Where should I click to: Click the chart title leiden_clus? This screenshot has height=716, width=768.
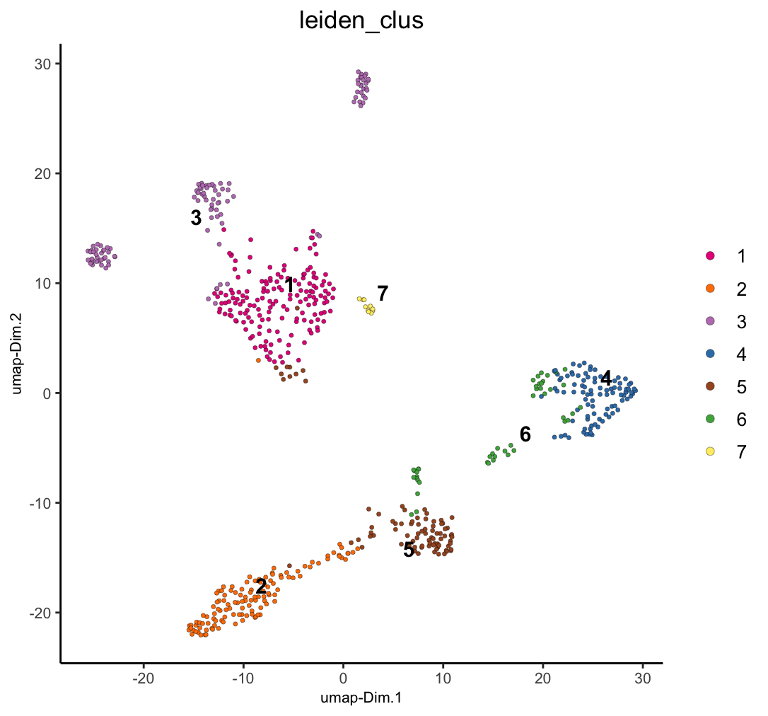point(361,21)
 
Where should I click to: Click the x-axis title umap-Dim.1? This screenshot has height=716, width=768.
point(361,698)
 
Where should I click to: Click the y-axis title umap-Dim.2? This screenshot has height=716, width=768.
point(18,354)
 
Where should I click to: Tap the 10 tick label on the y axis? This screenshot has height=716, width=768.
point(44,283)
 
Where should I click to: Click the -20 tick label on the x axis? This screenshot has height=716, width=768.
point(144,678)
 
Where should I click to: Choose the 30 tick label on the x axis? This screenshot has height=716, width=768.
point(642,678)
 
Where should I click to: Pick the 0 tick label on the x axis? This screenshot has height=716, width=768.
point(343,678)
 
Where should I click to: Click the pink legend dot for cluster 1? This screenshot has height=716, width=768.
point(711,255)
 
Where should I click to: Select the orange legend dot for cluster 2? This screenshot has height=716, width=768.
point(711,288)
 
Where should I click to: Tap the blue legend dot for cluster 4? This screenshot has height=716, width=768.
point(711,354)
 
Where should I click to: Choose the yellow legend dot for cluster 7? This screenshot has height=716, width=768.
point(711,451)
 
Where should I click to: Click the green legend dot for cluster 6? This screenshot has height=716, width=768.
point(711,419)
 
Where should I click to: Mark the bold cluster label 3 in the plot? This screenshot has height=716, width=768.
point(196,219)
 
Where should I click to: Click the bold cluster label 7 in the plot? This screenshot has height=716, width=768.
point(383,293)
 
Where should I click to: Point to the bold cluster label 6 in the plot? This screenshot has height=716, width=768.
point(525,434)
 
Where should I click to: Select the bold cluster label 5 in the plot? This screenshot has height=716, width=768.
point(409,550)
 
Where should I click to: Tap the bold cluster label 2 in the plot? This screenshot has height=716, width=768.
point(261,587)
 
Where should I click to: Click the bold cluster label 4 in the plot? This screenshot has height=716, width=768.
point(606,379)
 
